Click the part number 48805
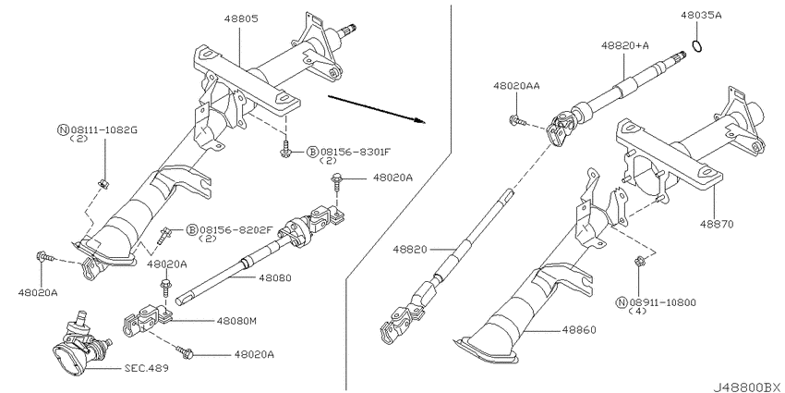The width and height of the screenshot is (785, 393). (x=241, y=19)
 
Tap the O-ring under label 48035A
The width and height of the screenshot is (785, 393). (x=697, y=46)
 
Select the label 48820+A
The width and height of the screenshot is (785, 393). (x=625, y=45)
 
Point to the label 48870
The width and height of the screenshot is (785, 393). (x=717, y=224)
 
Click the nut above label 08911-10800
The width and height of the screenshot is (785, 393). (x=639, y=261)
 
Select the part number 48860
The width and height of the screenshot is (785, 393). (x=579, y=330)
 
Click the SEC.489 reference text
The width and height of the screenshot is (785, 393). (x=146, y=368)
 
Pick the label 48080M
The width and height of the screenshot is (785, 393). (x=236, y=321)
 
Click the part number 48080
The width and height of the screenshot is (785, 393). (x=275, y=277)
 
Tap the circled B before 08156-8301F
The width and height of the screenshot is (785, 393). (x=312, y=152)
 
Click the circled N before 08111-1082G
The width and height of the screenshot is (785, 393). (x=63, y=130)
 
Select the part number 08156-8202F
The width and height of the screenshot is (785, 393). (x=235, y=230)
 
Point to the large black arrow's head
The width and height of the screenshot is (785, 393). (x=419, y=120)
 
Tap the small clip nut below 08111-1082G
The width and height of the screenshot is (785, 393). (x=103, y=183)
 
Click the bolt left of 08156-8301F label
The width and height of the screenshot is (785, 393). (x=286, y=150)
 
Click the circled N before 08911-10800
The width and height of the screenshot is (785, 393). (x=622, y=302)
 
